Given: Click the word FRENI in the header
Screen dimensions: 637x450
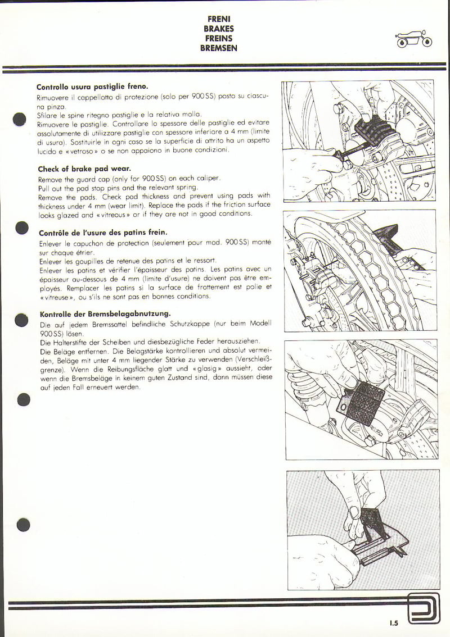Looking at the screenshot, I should pyautogui.click(x=219, y=19).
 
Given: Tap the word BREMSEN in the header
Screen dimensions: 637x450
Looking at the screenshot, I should pyautogui.click(x=219, y=48).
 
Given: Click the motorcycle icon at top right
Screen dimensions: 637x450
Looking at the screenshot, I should pyautogui.click(x=413, y=40).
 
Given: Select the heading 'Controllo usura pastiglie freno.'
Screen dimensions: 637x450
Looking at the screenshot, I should pyautogui.click(x=92, y=87).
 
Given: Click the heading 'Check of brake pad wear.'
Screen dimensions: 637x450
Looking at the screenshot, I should pyautogui.click(x=84, y=169).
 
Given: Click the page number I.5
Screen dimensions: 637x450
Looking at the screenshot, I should pyautogui.click(x=393, y=622).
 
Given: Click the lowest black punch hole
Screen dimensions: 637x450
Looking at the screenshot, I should pyautogui.click(x=22, y=525).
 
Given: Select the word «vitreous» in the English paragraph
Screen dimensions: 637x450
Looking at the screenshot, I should pyautogui.click(x=111, y=215).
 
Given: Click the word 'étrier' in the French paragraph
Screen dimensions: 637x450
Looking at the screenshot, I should pyautogui.click(x=82, y=252).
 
